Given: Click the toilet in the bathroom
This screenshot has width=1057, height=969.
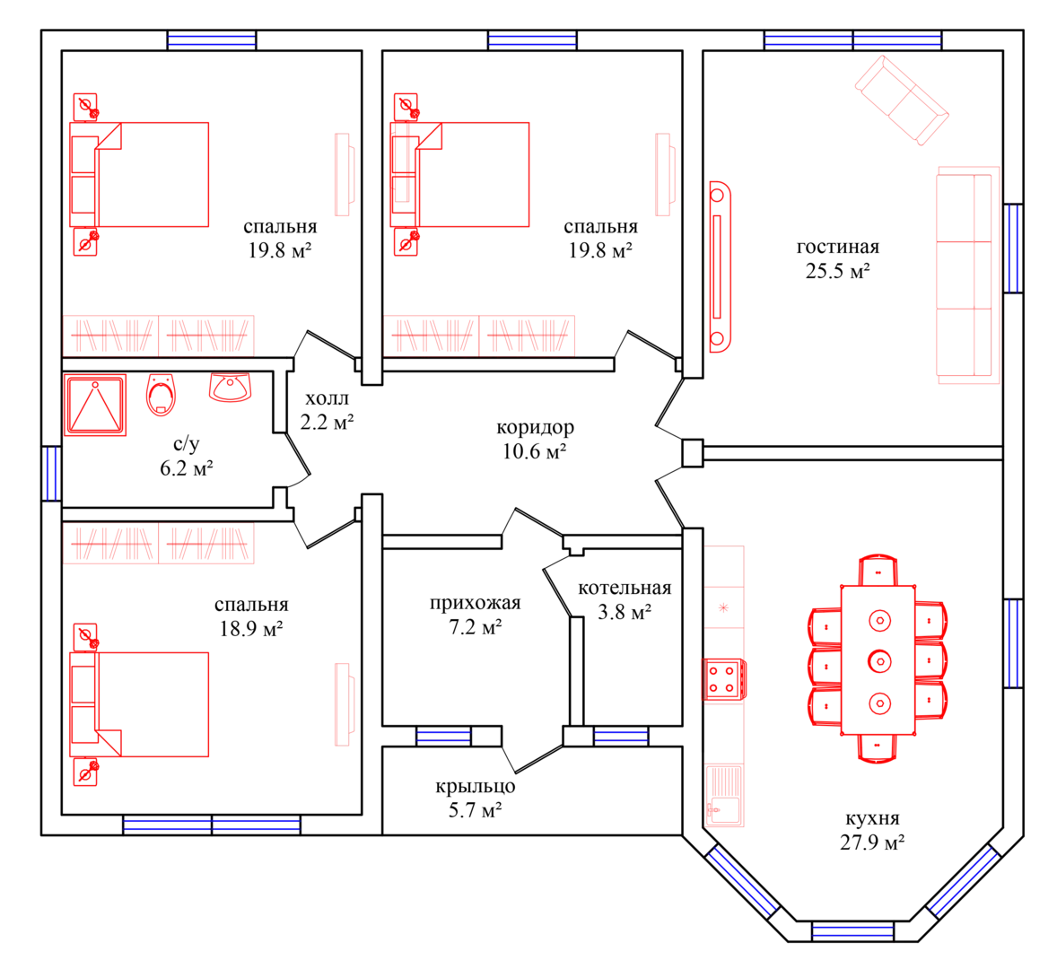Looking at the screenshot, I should coord(161,396).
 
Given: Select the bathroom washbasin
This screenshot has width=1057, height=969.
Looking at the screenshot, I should coord(230,388).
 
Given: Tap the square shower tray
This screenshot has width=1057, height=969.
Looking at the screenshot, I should coord(95,406).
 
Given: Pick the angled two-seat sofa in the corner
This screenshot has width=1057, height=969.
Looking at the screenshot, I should coord(903,100).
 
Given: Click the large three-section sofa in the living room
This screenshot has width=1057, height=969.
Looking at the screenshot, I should coord(966,276).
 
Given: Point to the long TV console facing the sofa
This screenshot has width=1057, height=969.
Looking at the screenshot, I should coord(719,267).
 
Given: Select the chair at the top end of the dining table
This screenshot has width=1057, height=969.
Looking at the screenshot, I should coord(878,570).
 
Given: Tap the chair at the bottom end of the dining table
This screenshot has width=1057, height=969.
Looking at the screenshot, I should coord(878,747).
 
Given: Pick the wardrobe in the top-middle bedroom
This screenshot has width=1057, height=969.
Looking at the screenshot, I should coord(481,335).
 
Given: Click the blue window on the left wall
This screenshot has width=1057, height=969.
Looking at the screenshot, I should coord(51,473).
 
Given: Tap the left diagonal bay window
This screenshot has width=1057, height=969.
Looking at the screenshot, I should coord(742,881).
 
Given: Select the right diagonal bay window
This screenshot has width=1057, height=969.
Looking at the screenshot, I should coord(964,881).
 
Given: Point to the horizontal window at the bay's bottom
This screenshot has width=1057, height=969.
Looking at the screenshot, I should coord(852,932).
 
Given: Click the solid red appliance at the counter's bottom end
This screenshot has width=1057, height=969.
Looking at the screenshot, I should coord(725,795).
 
